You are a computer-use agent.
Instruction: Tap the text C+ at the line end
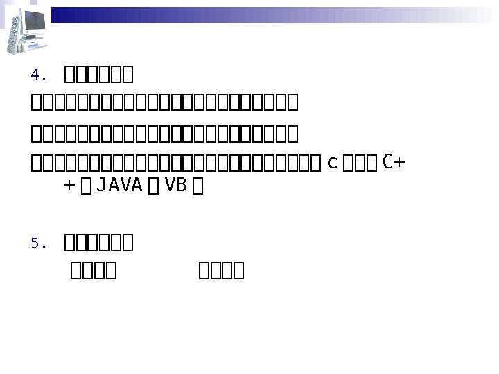(394, 163)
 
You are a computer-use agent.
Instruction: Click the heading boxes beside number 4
(98, 73)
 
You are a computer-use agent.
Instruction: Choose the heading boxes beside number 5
(98, 243)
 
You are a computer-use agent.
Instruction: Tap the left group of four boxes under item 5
(93, 269)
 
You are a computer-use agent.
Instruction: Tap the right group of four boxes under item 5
(220, 269)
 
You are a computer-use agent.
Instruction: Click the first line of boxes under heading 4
(164, 104)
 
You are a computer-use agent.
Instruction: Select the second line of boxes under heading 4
(164, 133)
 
